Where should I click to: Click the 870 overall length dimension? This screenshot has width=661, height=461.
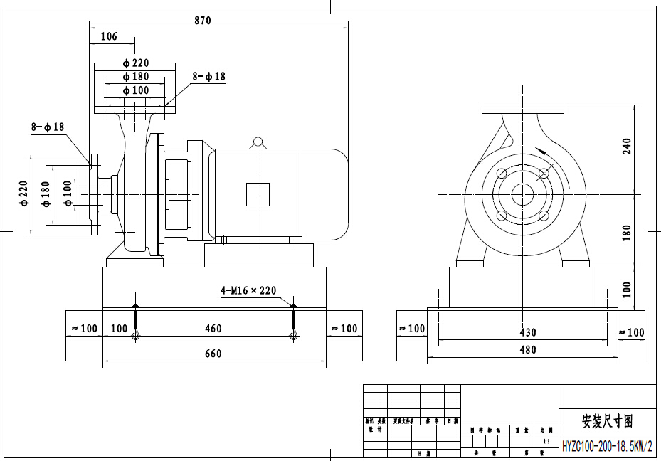[x=203, y=21]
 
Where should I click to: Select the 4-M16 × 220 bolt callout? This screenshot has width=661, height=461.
[x=248, y=290]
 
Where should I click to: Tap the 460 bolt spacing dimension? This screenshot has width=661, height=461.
[x=213, y=329]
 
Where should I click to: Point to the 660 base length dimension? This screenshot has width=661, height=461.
[x=213, y=354]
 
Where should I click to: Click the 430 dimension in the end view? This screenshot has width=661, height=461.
[x=528, y=332]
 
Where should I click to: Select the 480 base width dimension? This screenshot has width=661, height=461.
[x=528, y=349]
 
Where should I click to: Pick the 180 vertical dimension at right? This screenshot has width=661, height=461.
[x=627, y=232]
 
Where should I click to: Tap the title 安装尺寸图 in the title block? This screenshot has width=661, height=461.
[x=607, y=421]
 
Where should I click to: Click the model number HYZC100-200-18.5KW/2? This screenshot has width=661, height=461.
[x=607, y=446]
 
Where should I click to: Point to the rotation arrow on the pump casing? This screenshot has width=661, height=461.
[x=543, y=152]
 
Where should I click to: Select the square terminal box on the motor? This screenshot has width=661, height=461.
[x=258, y=194]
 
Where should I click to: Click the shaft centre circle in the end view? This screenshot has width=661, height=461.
[x=524, y=194]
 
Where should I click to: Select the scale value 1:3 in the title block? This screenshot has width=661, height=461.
[x=546, y=442]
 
